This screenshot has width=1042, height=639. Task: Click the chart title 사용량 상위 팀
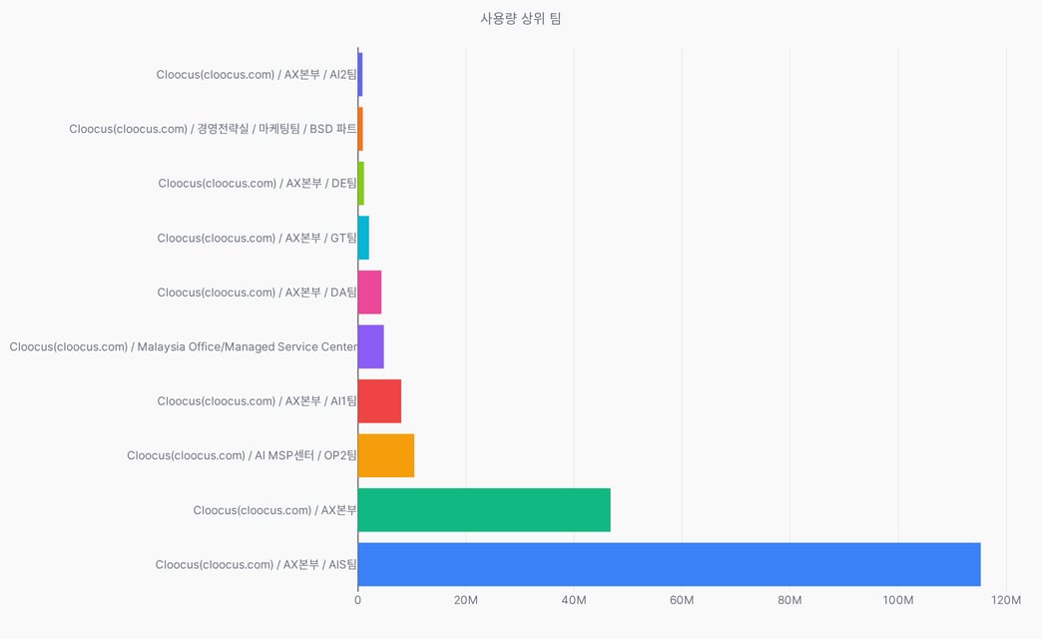click(521, 19)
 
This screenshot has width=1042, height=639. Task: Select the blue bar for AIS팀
click(669, 564)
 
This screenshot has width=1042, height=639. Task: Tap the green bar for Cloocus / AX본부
click(484, 510)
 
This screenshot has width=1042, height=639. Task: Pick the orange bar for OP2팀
click(386, 455)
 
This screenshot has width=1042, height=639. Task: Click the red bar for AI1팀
click(379, 401)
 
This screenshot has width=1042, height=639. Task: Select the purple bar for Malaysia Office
click(371, 346)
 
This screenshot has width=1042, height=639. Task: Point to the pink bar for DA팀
click(369, 292)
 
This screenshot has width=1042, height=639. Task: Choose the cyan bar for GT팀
click(363, 238)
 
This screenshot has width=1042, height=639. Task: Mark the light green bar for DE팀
click(361, 184)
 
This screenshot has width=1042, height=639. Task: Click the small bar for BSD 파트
click(360, 129)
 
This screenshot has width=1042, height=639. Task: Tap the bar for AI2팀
click(360, 75)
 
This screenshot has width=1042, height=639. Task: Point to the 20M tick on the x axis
click(466, 600)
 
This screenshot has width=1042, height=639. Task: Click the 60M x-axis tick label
click(682, 600)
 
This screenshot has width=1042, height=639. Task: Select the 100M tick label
click(898, 600)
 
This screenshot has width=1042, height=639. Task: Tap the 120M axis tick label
click(1006, 600)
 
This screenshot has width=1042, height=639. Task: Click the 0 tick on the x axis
click(358, 600)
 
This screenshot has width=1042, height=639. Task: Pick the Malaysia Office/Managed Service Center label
click(248, 347)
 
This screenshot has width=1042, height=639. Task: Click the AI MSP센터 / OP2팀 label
click(305, 455)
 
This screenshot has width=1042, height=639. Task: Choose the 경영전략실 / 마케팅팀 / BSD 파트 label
click(276, 129)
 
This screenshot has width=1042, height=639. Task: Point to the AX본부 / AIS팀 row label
click(320, 564)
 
